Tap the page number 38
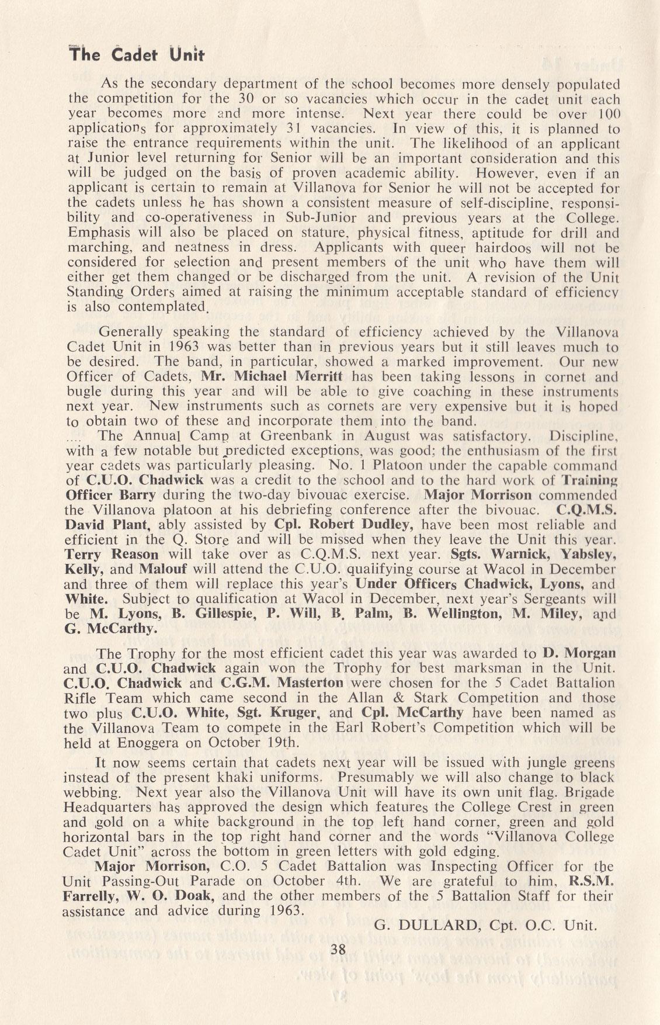tap(338, 950)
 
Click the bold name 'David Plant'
tap(111, 524)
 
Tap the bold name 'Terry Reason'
tap(113, 553)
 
